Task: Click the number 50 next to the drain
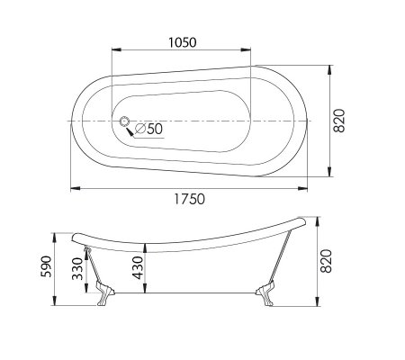(x=154, y=130)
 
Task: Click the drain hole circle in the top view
(x=124, y=121)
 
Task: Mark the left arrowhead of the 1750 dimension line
(x=73, y=188)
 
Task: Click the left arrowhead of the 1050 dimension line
(x=114, y=53)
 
